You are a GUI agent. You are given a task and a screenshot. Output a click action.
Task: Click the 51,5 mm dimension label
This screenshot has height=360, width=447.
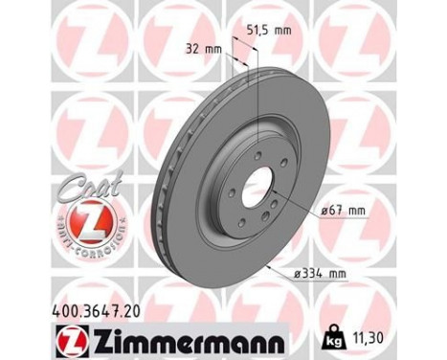click(x=270, y=30)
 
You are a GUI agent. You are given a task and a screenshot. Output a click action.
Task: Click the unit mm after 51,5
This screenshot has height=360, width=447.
click(x=282, y=30)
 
